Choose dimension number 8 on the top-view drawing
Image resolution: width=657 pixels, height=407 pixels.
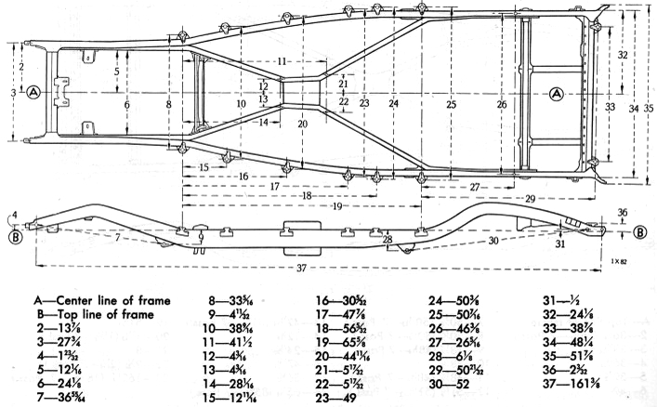coord(168,105)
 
